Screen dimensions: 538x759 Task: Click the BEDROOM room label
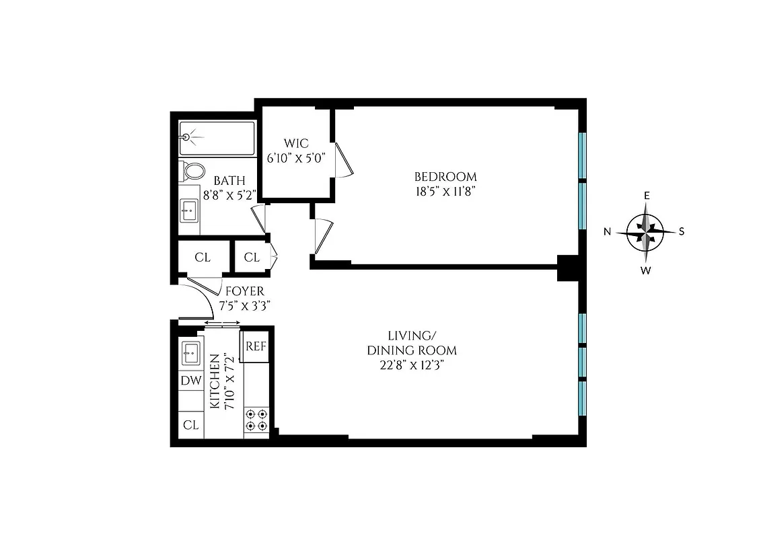pyautogui.click(x=445, y=177)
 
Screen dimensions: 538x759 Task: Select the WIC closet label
pyautogui.click(x=295, y=143)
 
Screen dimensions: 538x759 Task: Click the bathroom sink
pyautogui.click(x=189, y=213)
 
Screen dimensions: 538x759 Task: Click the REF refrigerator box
pyautogui.click(x=256, y=346)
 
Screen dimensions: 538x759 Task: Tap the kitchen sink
pyautogui.click(x=190, y=352)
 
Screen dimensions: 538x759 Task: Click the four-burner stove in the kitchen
pyautogui.click(x=256, y=419)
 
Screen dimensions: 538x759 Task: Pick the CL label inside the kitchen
pyautogui.click(x=191, y=425)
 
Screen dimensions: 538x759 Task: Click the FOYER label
pyautogui.click(x=244, y=292)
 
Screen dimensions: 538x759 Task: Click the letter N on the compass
pyautogui.click(x=607, y=232)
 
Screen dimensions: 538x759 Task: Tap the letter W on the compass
pyautogui.click(x=645, y=271)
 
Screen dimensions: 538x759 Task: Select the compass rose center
pyautogui.click(x=646, y=232)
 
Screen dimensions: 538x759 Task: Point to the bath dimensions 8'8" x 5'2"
pyautogui.click(x=229, y=196)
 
